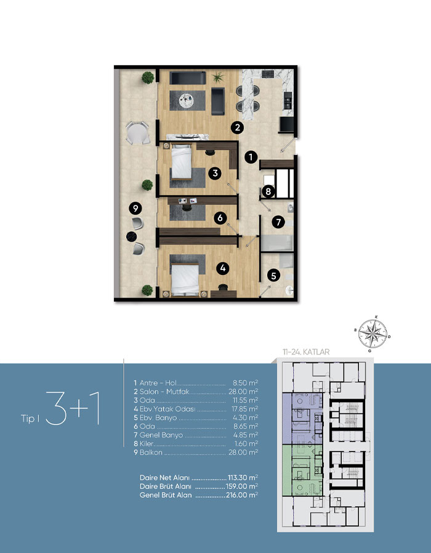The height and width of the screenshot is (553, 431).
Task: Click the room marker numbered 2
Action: coord(238,127)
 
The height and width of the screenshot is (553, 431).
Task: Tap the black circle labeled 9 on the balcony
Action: coord(135,208)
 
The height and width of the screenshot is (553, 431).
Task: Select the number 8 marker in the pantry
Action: coord(268,191)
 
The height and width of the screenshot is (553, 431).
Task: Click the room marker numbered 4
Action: coord(223,268)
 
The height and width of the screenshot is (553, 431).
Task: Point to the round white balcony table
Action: coord(138,133)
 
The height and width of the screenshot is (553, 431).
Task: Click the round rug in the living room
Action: coord(187,101)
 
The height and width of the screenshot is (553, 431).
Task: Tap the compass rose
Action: coord(373,333)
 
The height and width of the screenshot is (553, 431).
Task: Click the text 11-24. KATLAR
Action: coord(305,352)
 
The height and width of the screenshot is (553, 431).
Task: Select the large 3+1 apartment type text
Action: coord(72,407)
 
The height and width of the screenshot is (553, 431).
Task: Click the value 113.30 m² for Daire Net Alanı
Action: coord(243,478)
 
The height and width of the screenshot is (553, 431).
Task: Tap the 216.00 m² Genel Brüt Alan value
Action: coord(242,495)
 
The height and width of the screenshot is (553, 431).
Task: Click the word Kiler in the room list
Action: coord(147,444)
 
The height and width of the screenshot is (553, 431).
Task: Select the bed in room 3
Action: coord(182,162)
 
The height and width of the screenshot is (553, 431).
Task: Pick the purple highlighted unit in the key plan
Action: coord(302,419)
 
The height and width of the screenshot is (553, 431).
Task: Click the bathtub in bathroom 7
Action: coord(276,243)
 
